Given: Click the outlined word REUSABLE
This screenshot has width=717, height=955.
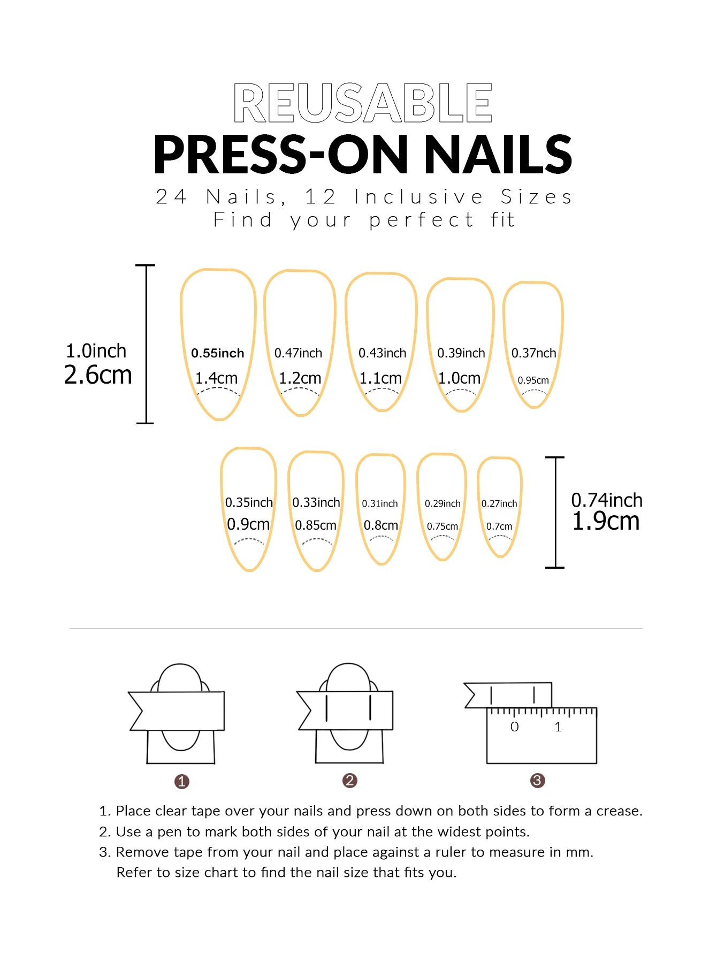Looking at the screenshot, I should pyautogui.click(x=363, y=103).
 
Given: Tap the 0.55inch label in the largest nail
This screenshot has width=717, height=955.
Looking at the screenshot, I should pyautogui.click(x=218, y=353).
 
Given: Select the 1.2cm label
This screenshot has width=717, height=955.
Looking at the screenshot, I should pyautogui.click(x=300, y=378).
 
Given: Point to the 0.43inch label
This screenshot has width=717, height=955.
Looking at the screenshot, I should pyautogui.click(x=382, y=353).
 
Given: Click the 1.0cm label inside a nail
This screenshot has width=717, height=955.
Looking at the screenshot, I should pyautogui.click(x=459, y=378).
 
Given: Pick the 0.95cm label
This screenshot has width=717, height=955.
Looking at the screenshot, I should pyautogui.click(x=533, y=380).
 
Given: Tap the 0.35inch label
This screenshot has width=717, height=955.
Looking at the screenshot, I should pyautogui.click(x=249, y=502).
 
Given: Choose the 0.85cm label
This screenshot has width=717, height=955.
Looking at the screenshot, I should pyautogui.click(x=316, y=525).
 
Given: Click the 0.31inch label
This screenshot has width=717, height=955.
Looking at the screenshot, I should pyautogui.click(x=380, y=503).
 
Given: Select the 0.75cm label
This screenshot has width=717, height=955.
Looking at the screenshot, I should pyautogui.click(x=443, y=526).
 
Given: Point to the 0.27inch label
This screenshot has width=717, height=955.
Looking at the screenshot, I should pyautogui.click(x=499, y=503).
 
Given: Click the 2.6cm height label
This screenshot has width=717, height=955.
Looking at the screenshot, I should pyautogui.click(x=98, y=375).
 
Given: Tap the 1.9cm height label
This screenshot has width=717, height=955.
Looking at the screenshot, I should pyautogui.click(x=606, y=521).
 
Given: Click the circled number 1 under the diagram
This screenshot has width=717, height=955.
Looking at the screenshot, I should pyautogui.click(x=182, y=782).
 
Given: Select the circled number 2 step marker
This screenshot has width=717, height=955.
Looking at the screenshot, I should pyautogui.click(x=349, y=781).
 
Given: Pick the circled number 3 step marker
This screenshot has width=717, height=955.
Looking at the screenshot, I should pyautogui.click(x=537, y=781).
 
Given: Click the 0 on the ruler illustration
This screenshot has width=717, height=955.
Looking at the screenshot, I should pyautogui.click(x=515, y=727).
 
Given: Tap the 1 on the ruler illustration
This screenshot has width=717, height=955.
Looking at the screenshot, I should pyautogui.click(x=558, y=727).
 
